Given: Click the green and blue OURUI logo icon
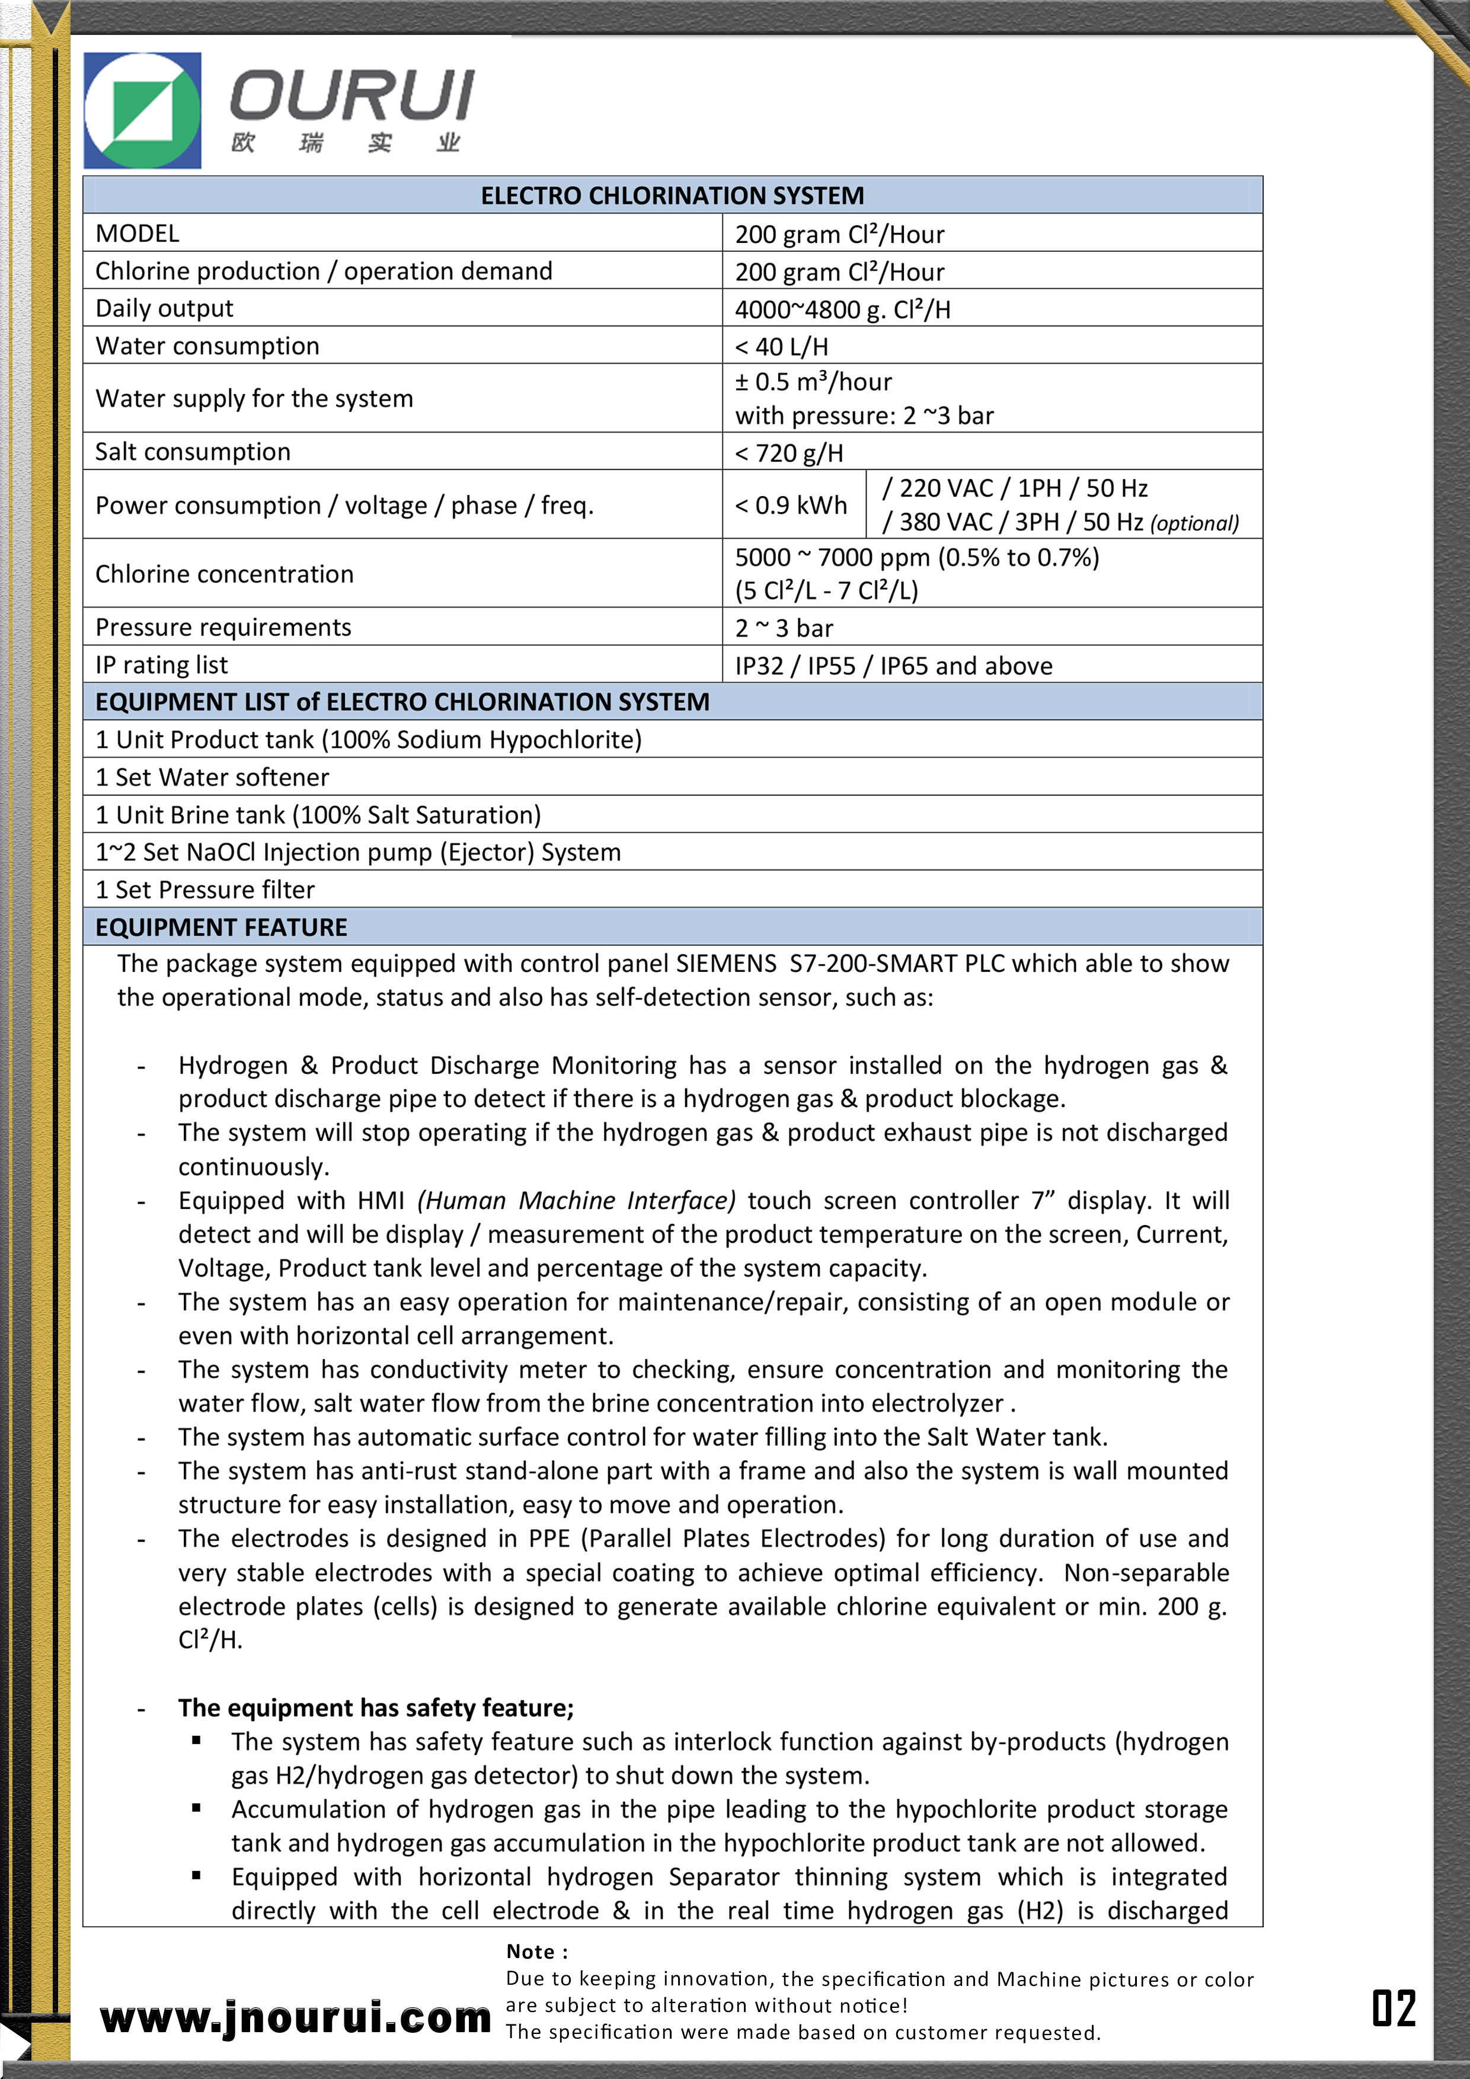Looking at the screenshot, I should click(x=142, y=110).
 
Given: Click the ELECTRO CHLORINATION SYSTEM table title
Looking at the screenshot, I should click(x=672, y=196).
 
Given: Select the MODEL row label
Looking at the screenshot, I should click(x=138, y=234).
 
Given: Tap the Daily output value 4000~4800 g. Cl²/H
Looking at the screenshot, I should click(x=842, y=310).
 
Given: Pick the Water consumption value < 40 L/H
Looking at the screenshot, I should click(x=782, y=347).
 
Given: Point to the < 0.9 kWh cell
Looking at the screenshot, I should click(x=791, y=506).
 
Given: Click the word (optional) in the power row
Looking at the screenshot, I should click(x=1194, y=523).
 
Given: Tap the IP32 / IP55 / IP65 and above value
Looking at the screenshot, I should click(x=893, y=667).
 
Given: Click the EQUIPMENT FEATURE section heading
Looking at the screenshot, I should click(x=221, y=927).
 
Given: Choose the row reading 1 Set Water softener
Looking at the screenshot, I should click(x=213, y=777).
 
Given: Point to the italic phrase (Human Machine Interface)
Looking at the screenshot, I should click(x=576, y=1201).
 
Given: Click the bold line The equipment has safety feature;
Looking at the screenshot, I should click(x=376, y=1708).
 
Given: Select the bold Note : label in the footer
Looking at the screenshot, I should click(x=537, y=1952).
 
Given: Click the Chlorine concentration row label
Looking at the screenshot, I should click(x=225, y=574).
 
